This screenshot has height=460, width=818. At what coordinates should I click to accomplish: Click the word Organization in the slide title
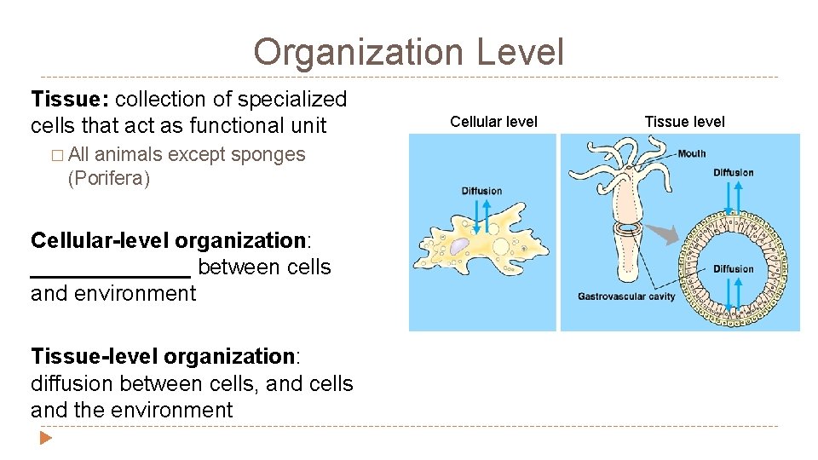click(358, 52)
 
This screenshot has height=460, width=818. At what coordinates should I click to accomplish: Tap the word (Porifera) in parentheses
click(107, 179)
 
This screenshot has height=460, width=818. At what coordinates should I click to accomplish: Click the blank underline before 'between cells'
click(111, 268)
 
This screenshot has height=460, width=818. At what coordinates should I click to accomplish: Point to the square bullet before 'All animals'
click(56, 156)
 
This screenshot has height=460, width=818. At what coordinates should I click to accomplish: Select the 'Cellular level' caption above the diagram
click(493, 122)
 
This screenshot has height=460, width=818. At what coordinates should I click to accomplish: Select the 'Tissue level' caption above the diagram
click(684, 122)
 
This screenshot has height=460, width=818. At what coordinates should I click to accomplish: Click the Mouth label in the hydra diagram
click(691, 154)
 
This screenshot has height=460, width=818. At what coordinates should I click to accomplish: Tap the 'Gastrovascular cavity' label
click(626, 297)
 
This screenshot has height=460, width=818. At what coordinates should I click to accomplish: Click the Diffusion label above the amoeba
click(481, 191)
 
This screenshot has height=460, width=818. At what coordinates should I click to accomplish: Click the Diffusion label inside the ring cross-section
click(734, 269)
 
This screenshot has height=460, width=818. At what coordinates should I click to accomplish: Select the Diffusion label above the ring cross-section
click(734, 173)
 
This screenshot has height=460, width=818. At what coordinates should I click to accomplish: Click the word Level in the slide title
click(520, 52)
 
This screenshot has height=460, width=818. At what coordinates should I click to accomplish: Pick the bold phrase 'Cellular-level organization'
click(167, 240)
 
